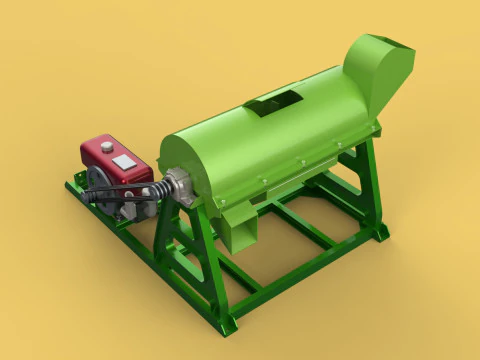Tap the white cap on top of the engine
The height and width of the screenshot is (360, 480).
click(x=106, y=147)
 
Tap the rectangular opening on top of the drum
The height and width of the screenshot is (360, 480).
click(x=274, y=100)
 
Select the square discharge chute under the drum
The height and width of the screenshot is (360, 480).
click(x=240, y=232)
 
